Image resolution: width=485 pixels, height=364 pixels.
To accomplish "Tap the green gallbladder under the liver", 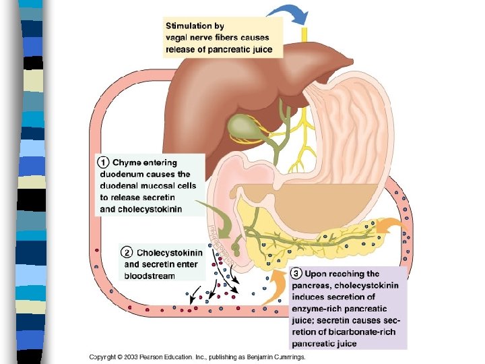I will [x=240, y=125].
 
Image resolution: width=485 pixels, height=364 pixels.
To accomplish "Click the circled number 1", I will [x=103, y=162].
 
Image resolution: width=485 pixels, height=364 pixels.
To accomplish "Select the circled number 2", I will [x=127, y=253].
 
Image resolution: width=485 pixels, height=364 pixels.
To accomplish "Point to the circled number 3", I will [x=296, y=274].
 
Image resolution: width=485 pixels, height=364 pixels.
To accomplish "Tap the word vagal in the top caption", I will [x=179, y=38].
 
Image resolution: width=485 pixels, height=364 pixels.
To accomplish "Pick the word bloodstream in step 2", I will [x=149, y=276].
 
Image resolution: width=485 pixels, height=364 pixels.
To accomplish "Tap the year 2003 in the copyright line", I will [x=129, y=357].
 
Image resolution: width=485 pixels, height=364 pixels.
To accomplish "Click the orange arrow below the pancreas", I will [x=273, y=290].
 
